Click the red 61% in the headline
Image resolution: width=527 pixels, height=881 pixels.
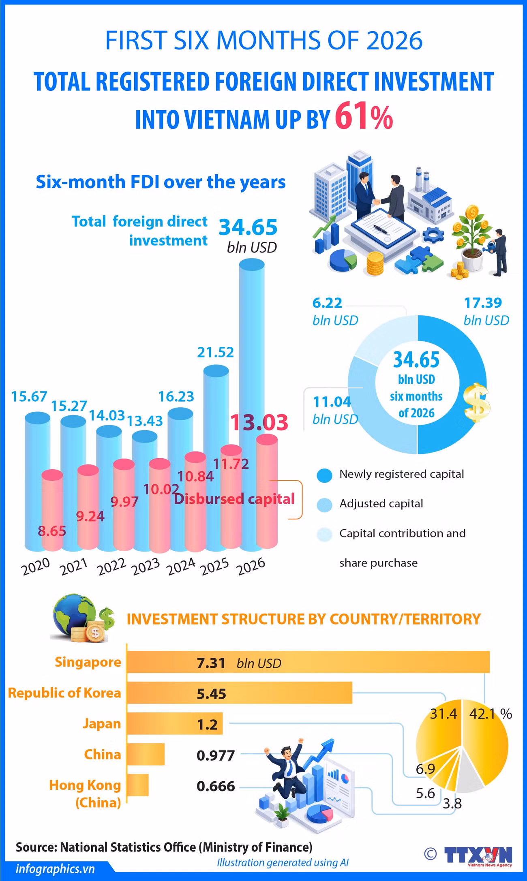(364, 118)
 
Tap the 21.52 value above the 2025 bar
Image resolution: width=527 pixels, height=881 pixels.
(215, 352)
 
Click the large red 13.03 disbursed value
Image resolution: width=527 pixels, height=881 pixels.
(259, 422)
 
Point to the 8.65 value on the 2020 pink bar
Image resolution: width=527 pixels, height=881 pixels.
(52, 530)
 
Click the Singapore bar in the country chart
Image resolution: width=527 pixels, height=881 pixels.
(308, 662)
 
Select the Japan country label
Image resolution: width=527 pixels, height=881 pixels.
(102, 723)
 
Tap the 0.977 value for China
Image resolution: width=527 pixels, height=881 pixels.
(216, 755)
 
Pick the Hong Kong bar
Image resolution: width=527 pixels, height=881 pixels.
(138, 785)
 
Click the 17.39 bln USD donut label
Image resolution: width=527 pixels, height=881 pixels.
(486, 311)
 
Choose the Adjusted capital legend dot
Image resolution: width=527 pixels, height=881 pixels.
(324, 505)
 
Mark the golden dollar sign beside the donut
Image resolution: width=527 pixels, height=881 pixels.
(477, 402)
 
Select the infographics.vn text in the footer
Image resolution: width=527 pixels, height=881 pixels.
(55, 869)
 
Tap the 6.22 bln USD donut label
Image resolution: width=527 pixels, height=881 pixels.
(335, 311)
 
